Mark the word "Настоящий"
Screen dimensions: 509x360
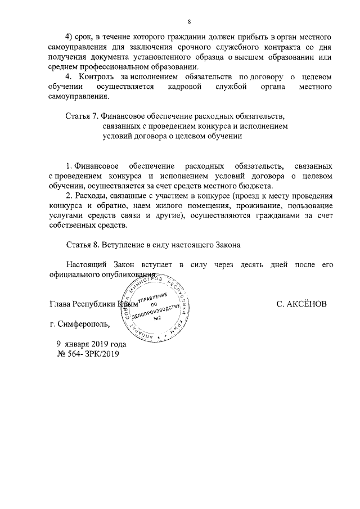click(85, 265)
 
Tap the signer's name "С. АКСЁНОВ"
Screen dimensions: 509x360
click(301, 304)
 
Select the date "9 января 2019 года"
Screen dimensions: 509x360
click(91, 344)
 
